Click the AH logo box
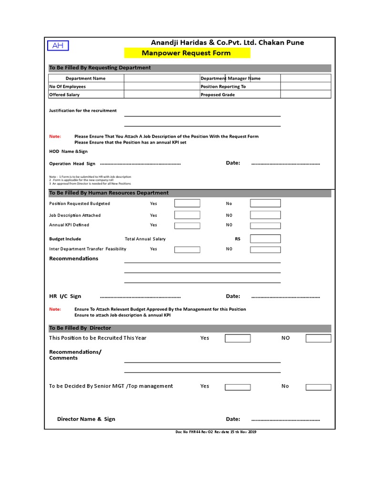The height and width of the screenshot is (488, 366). coord(58,45)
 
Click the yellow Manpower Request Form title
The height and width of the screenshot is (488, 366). coord(187,53)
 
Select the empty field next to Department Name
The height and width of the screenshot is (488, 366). coord(162,78)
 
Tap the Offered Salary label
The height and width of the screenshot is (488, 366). coord(64,95)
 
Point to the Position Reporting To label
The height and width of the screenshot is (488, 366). coord(223,87)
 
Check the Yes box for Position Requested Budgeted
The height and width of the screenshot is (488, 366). coord(187,203)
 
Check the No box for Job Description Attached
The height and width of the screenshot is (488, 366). coord(265,215)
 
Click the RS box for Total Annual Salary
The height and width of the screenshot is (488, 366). coord(265,239)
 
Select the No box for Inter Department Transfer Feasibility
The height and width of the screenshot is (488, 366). coord(265,249)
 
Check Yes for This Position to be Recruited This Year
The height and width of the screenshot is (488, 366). coord(237,338)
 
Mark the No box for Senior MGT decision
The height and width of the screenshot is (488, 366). coord(318,386)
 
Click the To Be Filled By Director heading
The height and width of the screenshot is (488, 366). coord(80,328)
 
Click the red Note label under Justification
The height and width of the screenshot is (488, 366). coord(55,136)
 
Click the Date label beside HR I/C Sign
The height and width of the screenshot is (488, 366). coord(233,296)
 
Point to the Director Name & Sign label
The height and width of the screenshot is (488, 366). coord(86,419)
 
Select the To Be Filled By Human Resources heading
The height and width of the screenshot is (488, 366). coord(109,193)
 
